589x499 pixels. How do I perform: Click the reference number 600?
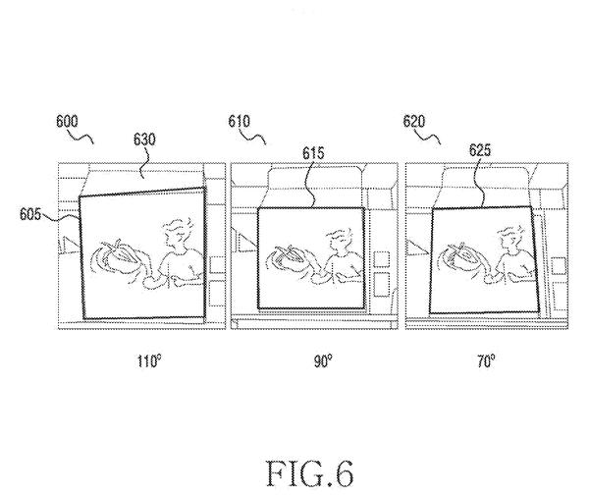pyautogui.click(x=67, y=122)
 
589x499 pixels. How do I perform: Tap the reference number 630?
pyautogui.click(x=144, y=139)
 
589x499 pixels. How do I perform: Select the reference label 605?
pyautogui.click(x=30, y=214)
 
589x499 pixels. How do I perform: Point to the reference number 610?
pyautogui.click(x=239, y=122)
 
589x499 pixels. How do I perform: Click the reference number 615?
pyautogui.click(x=313, y=153)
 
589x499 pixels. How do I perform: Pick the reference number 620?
pyautogui.click(x=414, y=122)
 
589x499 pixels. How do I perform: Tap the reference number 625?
pyautogui.click(x=480, y=150)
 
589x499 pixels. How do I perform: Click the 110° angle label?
pyautogui.click(x=149, y=361)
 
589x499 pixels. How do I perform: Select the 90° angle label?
pyautogui.click(x=323, y=361)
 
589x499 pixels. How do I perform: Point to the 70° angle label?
pyautogui.click(x=486, y=361)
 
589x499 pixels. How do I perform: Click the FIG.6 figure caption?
pyautogui.click(x=310, y=473)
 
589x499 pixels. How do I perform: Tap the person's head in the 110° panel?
pyautogui.click(x=178, y=234)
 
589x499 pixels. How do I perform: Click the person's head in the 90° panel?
pyautogui.click(x=340, y=240)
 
